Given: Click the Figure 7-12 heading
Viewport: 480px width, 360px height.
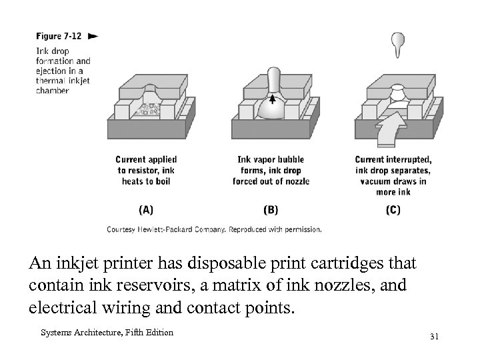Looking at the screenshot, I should pyautogui.click(x=59, y=36).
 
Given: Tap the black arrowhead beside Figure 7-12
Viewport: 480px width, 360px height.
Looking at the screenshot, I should pyautogui.click(x=93, y=36).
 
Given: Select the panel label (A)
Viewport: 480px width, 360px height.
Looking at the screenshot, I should pyautogui.click(x=146, y=209).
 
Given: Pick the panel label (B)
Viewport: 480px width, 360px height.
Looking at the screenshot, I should pyautogui.click(x=271, y=209).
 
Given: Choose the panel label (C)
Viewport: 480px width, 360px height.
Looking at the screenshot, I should pyautogui.click(x=393, y=209).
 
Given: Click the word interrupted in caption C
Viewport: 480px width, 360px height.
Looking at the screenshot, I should pyautogui.click(x=410, y=160).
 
